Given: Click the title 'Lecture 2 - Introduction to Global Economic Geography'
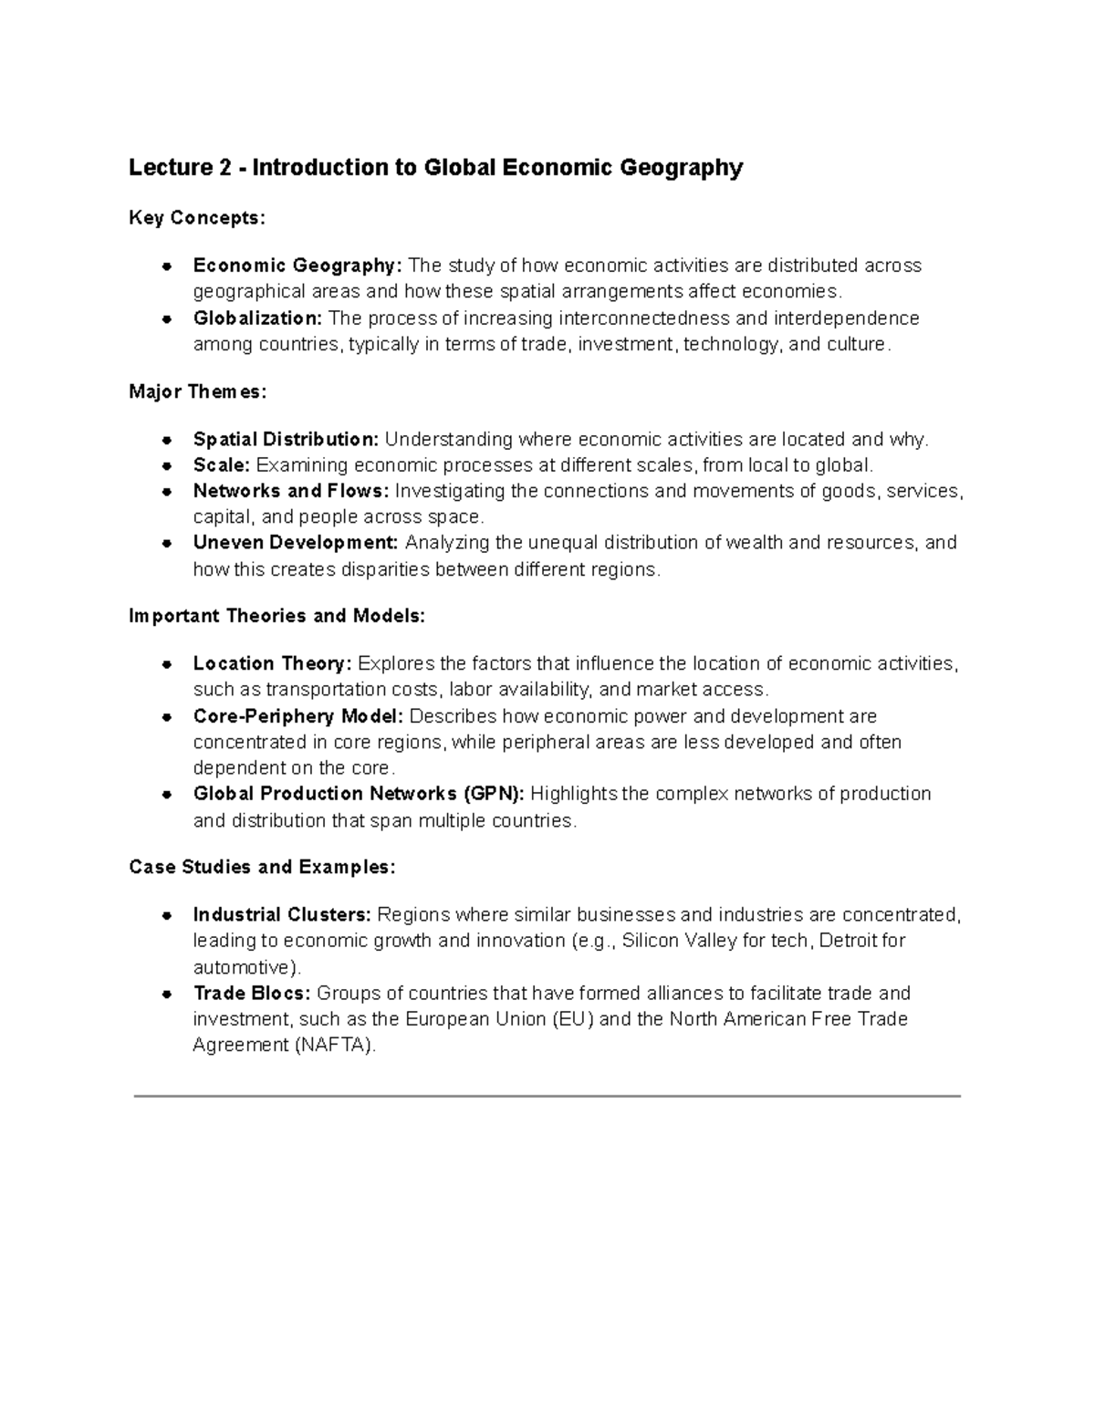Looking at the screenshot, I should (x=435, y=168).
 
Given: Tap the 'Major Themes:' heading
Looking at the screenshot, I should (x=198, y=391).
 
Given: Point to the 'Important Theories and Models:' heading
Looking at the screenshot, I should (x=277, y=616).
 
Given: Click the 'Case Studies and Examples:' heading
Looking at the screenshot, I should (x=263, y=867).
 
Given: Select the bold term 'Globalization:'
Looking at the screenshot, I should (x=257, y=318).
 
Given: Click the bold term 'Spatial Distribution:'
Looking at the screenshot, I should (x=286, y=440).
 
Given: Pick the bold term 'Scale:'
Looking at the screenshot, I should (x=221, y=465).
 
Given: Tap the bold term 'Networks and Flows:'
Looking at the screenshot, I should (x=291, y=491).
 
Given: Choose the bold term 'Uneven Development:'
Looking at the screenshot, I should (x=296, y=543).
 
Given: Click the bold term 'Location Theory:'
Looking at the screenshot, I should (x=272, y=663).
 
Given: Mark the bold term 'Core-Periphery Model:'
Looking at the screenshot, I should (x=298, y=716).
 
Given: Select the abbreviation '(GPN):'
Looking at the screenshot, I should (x=494, y=794).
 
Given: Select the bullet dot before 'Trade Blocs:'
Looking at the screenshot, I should (x=167, y=994).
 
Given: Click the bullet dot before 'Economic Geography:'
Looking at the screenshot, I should (x=167, y=266).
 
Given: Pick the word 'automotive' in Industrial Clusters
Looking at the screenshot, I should (x=243, y=967).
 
